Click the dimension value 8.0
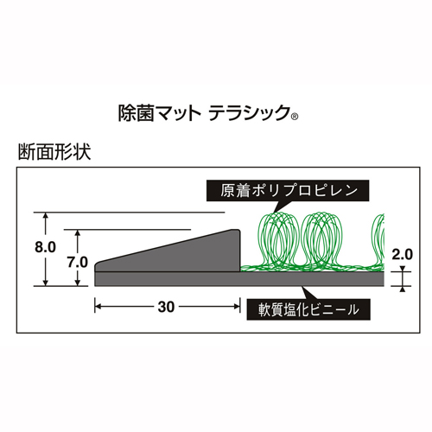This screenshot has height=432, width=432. pyautogui.click(x=45, y=247)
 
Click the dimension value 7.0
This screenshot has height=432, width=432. pyautogui.click(x=78, y=263)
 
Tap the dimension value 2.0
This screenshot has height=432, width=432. pyautogui.click(x=403, y=255)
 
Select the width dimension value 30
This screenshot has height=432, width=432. pyautogui.click(x=166, y=307)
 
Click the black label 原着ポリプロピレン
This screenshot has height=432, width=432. pyautogui.click(x=288, y=191)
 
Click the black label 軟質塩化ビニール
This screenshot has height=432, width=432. pyautogui.click(x=308, y=310)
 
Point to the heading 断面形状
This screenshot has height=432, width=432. pyautogui.click(x=54, y=152)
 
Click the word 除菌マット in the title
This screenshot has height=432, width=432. pyautogui.click(x=160, y=113)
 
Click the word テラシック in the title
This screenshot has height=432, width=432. pyautogui.click(x=249, y=113)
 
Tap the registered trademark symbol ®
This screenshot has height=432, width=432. pyautogui.click(x=295, y=117)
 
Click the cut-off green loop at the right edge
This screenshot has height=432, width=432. pyautogui.click(x=378, y=241)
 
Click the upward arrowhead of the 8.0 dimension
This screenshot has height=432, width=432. pyautogui.click(x=45, y=215)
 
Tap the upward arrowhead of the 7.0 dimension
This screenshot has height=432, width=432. pyautogui.click(x=78, y=232)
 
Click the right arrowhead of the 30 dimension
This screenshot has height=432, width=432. pyautogui.click(x=237, y=307)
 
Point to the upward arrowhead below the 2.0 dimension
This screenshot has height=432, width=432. pyautogui.click(x=403, y=289)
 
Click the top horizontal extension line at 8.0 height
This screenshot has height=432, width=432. pyautogui.click(x=129, y=213)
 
